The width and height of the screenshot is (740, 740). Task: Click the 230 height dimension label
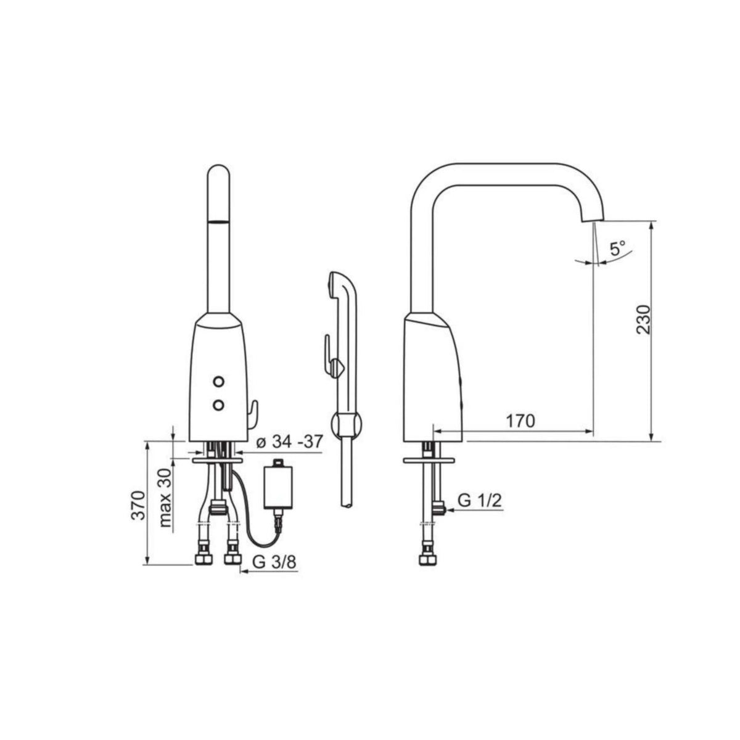click(x=644, y=319)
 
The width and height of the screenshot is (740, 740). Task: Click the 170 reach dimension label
click(x=520, y=421)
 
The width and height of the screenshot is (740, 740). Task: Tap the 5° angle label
click(x=618, y=249)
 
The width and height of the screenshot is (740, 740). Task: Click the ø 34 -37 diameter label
click(x=288, y=442)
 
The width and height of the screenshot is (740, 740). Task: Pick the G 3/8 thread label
click(x=274, y=562)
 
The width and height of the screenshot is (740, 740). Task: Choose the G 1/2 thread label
click(x=480, y=501)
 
